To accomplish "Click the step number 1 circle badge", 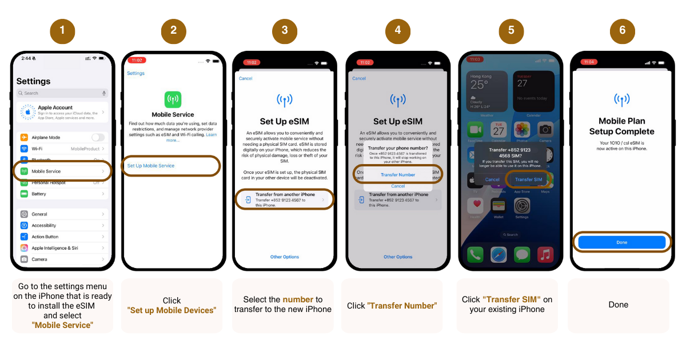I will click(62, 30).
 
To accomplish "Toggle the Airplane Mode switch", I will click(98, 138).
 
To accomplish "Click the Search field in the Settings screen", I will click(62, 93).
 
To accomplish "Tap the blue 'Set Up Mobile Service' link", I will click(151, 166).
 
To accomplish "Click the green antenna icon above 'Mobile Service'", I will click(173, 99).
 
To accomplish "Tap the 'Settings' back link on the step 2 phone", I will click(135, 73).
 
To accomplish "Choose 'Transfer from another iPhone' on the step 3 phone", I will click(285, 199).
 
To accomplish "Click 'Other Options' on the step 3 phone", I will click(285, 257).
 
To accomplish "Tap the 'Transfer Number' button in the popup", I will click(398, 175).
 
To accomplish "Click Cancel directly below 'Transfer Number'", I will click(398, 186).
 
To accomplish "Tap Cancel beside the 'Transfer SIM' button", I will click(492, 179).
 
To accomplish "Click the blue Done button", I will click(622, 242).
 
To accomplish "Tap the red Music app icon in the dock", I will click(545, 254).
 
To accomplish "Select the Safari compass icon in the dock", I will click(498, 254).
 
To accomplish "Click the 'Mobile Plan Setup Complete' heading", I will click(622, 126).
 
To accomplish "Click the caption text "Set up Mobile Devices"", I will click(171, 310).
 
